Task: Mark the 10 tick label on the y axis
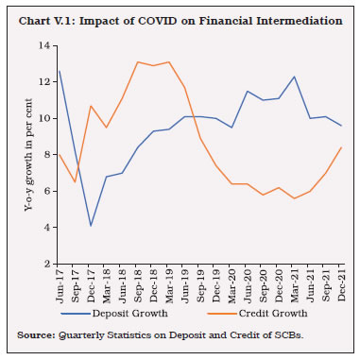tap(43, 119)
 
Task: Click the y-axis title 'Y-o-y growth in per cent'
tap(21, 156)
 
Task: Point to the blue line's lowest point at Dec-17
tap(90, 226)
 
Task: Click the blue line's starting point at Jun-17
tap(59, 71)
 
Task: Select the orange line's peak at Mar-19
tap(168, 62)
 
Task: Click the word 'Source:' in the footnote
tap(33, 334)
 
